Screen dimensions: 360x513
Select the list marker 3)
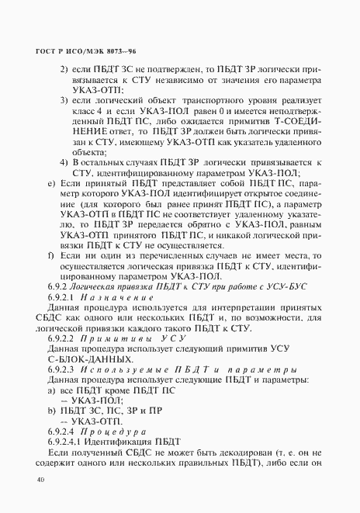(64, 101)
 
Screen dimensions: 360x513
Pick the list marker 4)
(64, 161)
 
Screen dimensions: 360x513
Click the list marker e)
(51, 183)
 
